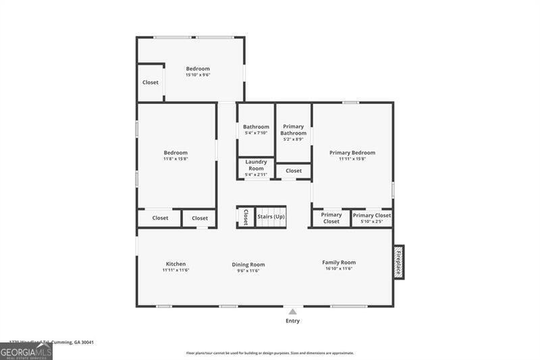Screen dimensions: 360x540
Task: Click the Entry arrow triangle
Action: (x=292, y=311)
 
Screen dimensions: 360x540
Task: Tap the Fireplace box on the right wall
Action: (x=399, y=262)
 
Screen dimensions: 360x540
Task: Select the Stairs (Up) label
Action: (x=271, y=217)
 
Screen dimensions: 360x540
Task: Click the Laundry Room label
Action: (x=256, y=165)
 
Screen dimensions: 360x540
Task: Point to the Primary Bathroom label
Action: (x=294, y=130)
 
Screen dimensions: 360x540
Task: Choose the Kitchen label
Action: (x=175, y=263)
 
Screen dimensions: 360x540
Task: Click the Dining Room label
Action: (x=248, y=265)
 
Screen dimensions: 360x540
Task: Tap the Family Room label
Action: (x=339, y=262)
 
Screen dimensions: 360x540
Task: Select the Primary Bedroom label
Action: (x=352, y=153)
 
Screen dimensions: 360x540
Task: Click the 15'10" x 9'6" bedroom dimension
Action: (x=198, y=75)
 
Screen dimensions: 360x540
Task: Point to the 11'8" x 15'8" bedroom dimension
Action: (x=175, y=159)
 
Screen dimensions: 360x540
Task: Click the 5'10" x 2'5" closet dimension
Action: (x=372, y=222)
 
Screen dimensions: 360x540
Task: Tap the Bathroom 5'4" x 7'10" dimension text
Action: (x=256, y=133)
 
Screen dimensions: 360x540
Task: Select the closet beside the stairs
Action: (x=246, y=217)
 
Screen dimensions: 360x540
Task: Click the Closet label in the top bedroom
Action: (x=151, y=82)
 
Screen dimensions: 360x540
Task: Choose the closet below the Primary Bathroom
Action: (x=294, y=171)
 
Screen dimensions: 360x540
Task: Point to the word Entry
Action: (x=292, y=321)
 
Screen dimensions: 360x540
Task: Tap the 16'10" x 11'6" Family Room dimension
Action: (x=339, y=269)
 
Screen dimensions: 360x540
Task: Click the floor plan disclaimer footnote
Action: (x=270, y=353)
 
